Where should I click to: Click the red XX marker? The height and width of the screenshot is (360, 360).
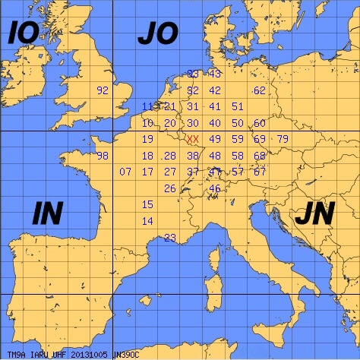click(193, 139)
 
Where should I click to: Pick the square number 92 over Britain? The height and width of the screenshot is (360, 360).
click(103, 90)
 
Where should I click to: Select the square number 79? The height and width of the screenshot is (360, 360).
click(283, 139)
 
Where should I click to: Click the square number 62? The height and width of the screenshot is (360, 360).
click(260, 90)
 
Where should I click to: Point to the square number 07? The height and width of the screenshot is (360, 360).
click(126, 172)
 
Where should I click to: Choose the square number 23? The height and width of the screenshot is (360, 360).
click(170, 238)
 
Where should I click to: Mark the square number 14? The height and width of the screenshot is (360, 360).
click(148, 221)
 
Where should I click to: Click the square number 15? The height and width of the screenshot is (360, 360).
click(148, 204)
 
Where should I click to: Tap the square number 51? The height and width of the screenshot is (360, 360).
click(238, 106)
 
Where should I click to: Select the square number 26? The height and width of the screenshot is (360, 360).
click(170, 188)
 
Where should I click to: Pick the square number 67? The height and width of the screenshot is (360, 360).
click(260, 172)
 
